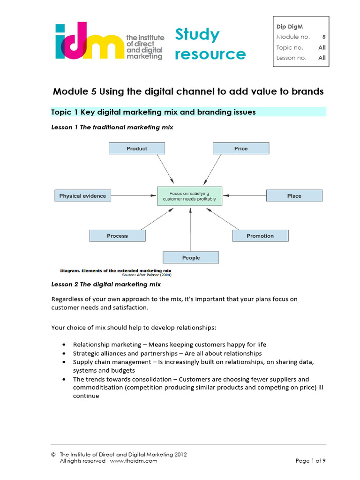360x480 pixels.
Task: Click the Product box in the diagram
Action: point(137,149)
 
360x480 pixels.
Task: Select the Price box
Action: point(241,149)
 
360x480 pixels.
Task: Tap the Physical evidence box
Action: point(83,196)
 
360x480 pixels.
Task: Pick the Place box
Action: point(294,196)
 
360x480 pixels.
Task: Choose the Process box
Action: point(117,236)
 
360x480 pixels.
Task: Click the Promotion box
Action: point(260,236)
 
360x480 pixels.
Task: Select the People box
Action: point(191,258)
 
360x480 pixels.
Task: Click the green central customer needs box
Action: point(189,196)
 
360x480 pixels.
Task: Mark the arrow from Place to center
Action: point(244,196)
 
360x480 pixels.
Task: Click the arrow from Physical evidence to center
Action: point(134,196)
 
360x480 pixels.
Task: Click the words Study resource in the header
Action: point(210,44)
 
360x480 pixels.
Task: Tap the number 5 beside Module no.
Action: point(323,37)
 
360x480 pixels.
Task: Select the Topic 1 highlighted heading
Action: point(153,112)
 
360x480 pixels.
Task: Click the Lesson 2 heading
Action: point(106,284)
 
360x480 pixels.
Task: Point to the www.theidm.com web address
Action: point(134,461)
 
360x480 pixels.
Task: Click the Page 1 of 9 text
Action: point(310,461)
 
